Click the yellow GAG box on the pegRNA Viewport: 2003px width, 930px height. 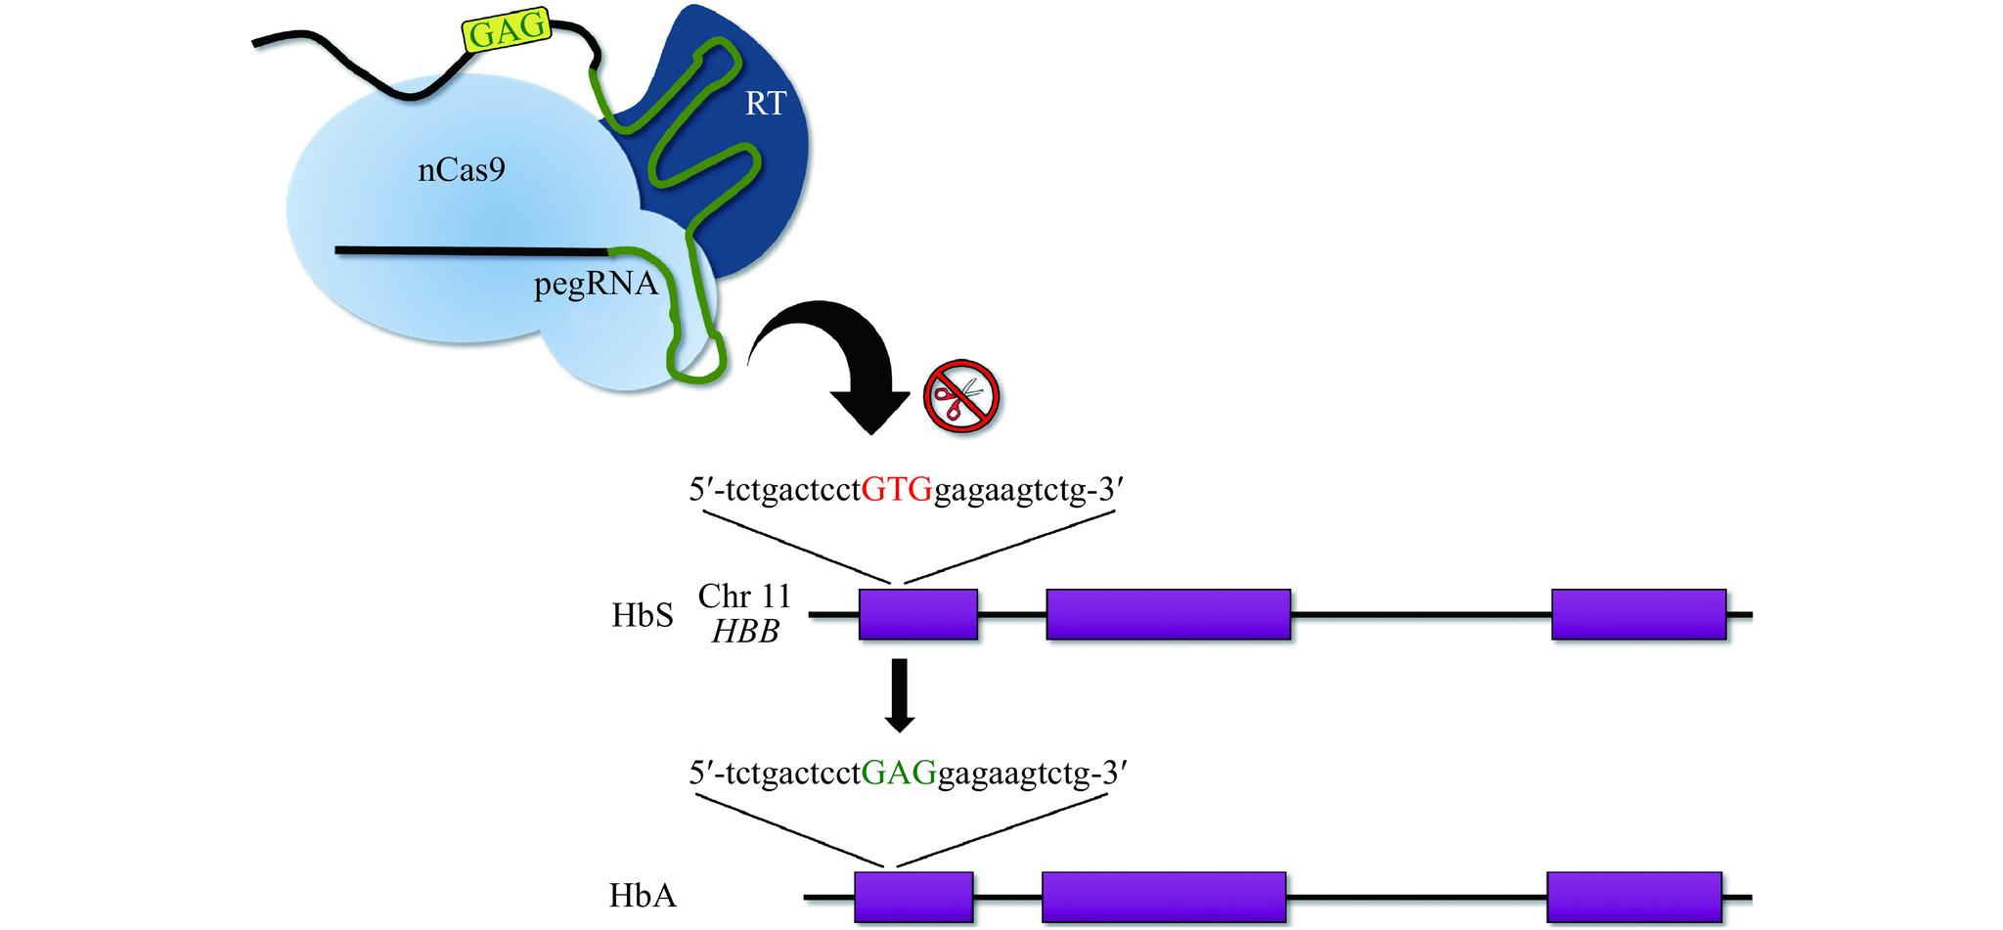click(506, 32)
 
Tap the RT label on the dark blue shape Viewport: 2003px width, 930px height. click(765, 103)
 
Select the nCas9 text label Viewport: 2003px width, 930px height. click(462, 171)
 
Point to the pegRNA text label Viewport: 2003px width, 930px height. click(596, 286)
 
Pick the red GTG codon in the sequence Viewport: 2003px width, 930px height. click(897, 490)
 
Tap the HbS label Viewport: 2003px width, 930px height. click(643, 616)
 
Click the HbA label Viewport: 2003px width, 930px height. click(643, 896)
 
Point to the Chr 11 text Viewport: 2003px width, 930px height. click(744, 596)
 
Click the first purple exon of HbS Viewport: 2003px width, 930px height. click(917, 614)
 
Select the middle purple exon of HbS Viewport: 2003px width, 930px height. click(1168, 614)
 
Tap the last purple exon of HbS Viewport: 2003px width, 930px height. click(1638, 614)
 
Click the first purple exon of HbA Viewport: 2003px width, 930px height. click(913, 896)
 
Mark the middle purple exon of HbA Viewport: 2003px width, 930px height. click(1163, 896)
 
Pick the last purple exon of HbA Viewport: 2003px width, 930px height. click(1634, 896)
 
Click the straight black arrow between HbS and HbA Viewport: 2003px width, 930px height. click(899, 694)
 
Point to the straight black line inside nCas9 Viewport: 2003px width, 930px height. click(469, 250)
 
